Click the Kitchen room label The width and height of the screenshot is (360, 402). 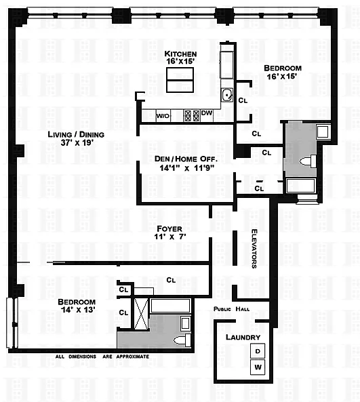click(180, 54)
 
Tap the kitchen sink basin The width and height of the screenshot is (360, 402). click(227, 95)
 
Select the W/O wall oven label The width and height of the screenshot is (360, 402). click(163, 116)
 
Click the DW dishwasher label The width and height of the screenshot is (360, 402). click(207, 113)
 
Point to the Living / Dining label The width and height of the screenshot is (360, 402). click(76, 135)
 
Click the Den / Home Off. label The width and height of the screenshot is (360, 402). click(186, 159)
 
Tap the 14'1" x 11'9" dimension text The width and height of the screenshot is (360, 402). click(186, 168)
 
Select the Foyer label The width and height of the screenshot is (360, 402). click(169, 228)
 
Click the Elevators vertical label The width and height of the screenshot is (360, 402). click(254, 249)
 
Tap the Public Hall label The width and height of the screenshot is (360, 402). click(232, 309)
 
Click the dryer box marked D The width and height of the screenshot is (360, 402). click(258, 350)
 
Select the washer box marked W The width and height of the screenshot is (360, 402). click(258, 367)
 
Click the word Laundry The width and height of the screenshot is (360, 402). click(243, 338)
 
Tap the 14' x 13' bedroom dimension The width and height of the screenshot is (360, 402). click(78, 310)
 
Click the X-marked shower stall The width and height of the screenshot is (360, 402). click(141, 313)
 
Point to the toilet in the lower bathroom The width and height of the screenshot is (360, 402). click(182, 340)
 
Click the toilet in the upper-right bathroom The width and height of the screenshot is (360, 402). click(308, 161)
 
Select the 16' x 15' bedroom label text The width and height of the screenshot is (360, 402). click(282, 77)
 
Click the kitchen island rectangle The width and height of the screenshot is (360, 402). click(180, 80)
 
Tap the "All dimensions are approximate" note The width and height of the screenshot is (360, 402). click(102, 357)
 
